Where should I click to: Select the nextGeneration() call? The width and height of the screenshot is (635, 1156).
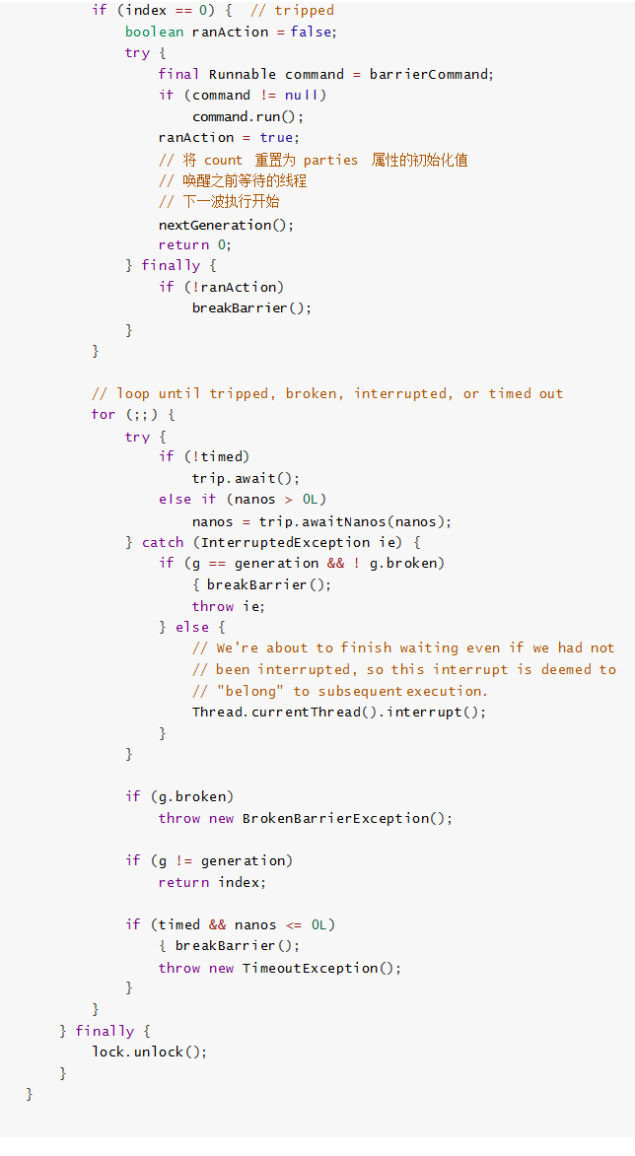coord(226,224)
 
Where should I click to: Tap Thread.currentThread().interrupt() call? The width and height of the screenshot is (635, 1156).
coord(339,712)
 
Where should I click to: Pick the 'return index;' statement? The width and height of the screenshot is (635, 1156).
coord(212,882)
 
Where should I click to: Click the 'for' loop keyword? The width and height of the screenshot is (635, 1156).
coord(104,414)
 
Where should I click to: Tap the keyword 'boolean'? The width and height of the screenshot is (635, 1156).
coord(154,32)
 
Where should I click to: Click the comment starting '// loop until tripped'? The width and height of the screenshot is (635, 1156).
coord(327,393)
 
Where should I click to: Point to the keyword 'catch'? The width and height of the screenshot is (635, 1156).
coord(163,542)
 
